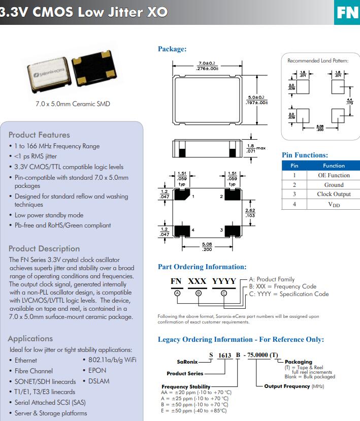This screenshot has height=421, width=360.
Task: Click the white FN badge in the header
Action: [348, 12]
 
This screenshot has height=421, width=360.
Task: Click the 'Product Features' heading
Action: [39, 135]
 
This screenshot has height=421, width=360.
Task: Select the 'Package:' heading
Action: [172, 49]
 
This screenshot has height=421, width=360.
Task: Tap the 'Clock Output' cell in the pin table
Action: [334, 195]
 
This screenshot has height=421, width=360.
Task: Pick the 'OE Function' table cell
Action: [334, 175]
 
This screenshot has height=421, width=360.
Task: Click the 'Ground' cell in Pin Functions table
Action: [334, 185]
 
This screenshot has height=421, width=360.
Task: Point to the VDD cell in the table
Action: [334, 204]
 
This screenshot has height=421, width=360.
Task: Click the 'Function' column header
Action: [334, 166]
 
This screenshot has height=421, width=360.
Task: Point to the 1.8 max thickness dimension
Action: [251, 148]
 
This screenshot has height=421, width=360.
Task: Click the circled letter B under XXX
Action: [199, 293]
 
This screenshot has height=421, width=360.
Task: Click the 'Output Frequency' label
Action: [287, 386]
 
